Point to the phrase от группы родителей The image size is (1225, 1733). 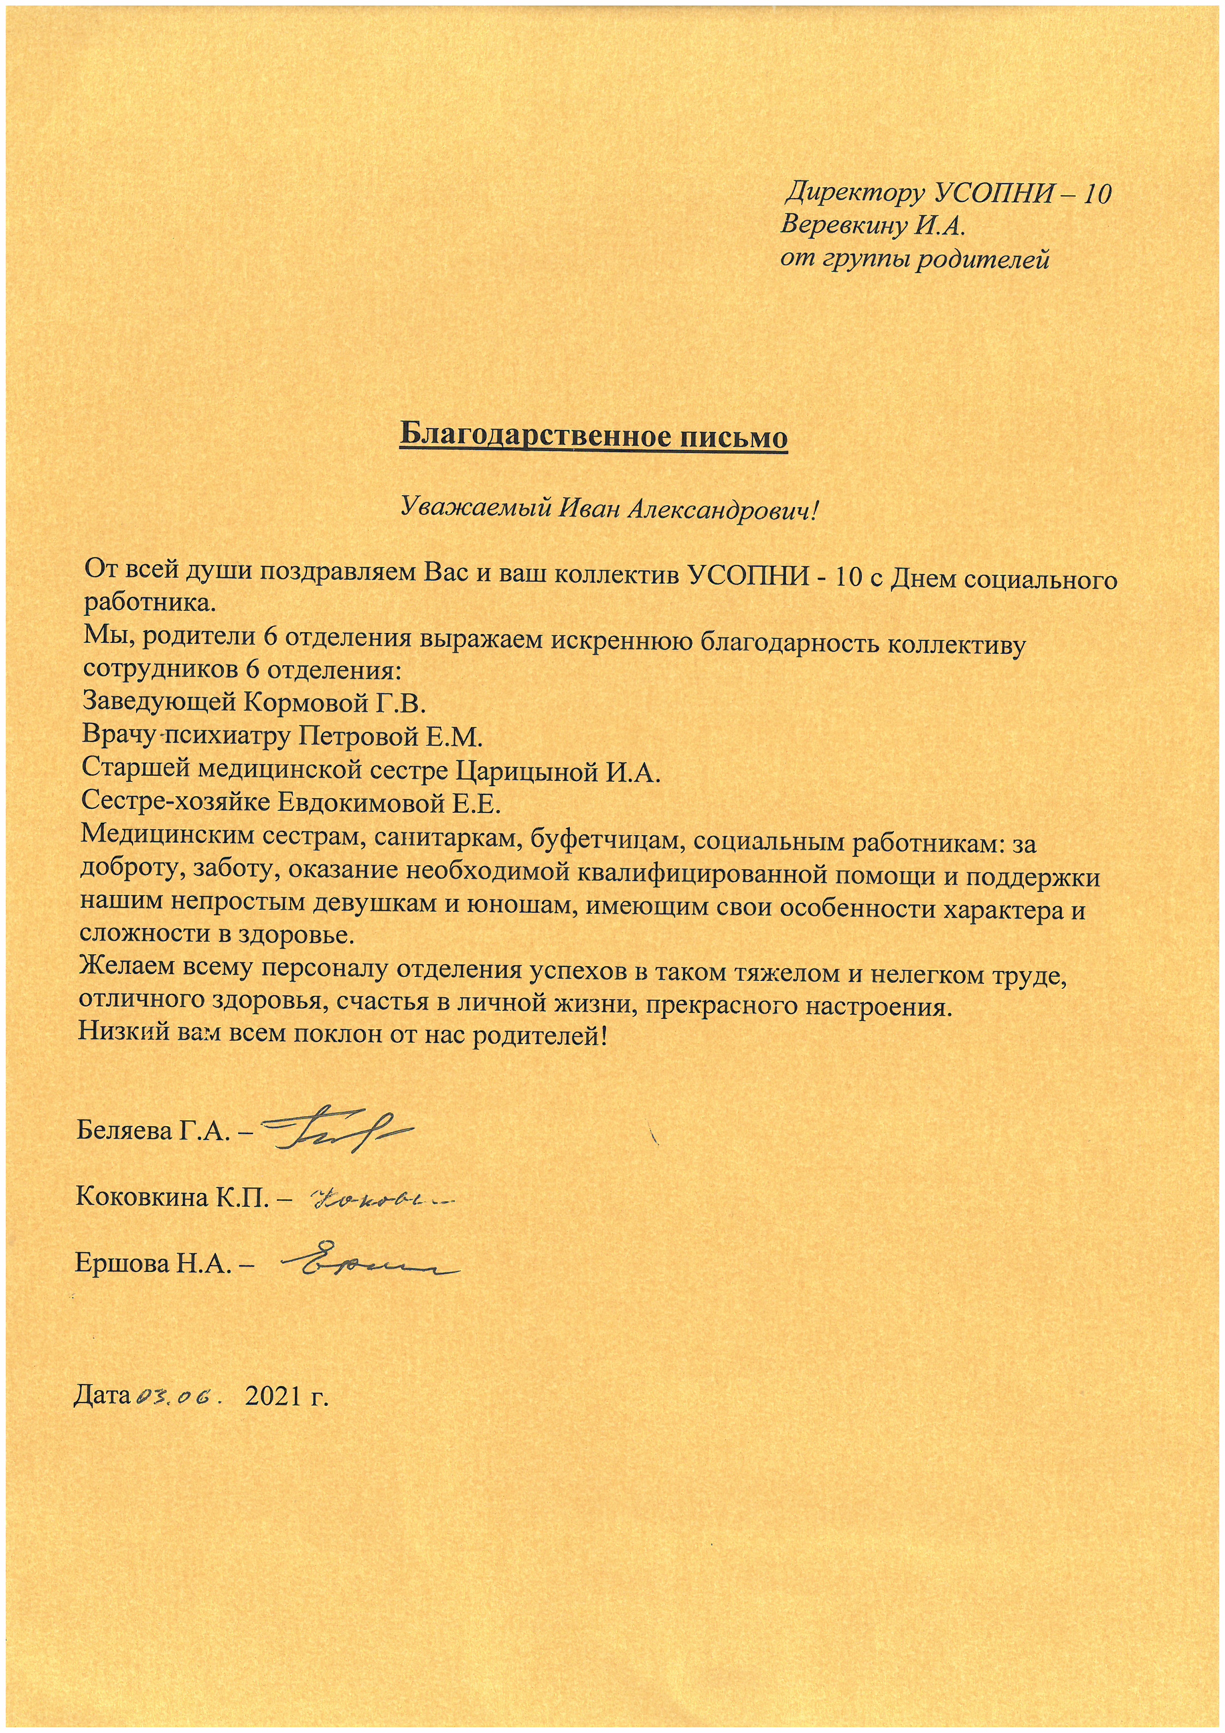tap(914, 259)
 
